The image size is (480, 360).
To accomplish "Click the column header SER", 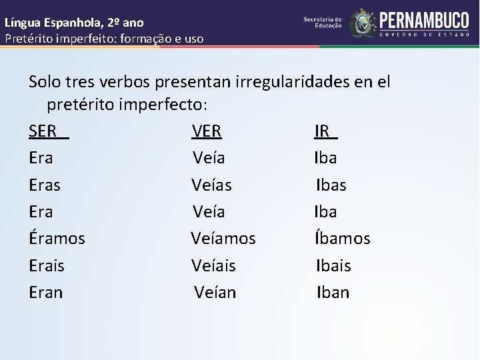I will [x=43, y=131].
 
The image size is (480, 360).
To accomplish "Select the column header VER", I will [x=207, y=131].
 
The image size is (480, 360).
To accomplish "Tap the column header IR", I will [x=323, y=131].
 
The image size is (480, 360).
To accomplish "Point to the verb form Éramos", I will [x=57, y=238].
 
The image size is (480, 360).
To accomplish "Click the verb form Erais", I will [x=47, y=265].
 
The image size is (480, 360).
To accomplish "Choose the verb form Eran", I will [x=46, y=292].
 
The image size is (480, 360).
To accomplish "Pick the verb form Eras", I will [x=45, y=185].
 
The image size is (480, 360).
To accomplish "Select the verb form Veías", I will [x=211, y=185].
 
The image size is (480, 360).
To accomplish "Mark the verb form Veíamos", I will [x=223, y=238].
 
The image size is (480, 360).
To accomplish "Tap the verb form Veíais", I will [x=213, y=265].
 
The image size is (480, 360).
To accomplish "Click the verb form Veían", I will [x=215, y=292].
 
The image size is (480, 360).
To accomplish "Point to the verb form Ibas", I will [x=331, y=185].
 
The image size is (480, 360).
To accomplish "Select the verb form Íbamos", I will [x=343, y=238].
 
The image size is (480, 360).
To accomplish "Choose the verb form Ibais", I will [x=333, y=265].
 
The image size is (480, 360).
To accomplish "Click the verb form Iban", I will [x=333, y=292].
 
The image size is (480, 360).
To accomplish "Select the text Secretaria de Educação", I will [x=323, y=23].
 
